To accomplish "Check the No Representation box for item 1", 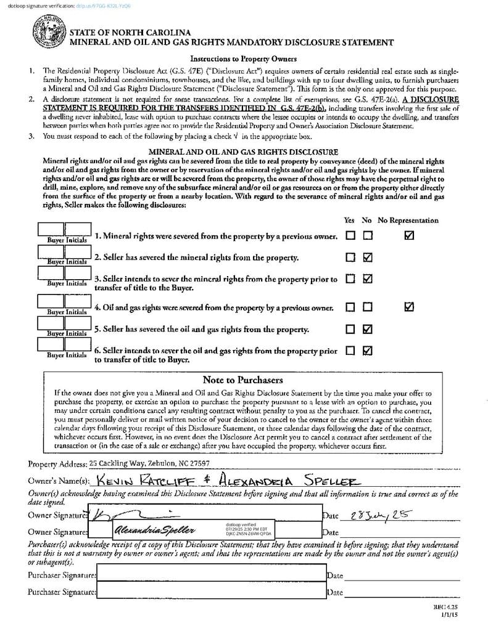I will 409,235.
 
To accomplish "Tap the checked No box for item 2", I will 368,257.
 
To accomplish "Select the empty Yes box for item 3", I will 350,279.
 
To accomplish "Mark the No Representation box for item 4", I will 409,306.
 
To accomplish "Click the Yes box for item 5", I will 350,328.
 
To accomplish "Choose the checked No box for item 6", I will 368,351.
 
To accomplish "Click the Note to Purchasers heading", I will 242,380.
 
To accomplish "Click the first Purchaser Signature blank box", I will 211,575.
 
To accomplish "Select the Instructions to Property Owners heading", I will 243,59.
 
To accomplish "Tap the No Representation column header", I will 408,220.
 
